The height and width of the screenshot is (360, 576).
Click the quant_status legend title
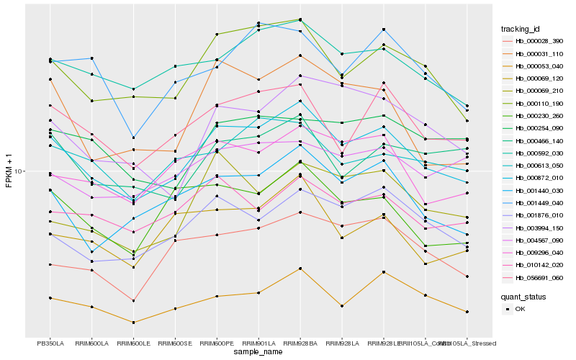tap(523, 296)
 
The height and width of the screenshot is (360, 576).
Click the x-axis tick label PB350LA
tap(50, 343)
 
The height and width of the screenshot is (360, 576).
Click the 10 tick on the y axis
tap(20, 171)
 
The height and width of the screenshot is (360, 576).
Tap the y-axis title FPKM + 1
tap(9, 171)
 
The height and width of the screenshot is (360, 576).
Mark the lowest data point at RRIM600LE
tap(133, 323)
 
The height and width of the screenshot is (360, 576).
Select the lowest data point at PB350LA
tap(50, 298)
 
